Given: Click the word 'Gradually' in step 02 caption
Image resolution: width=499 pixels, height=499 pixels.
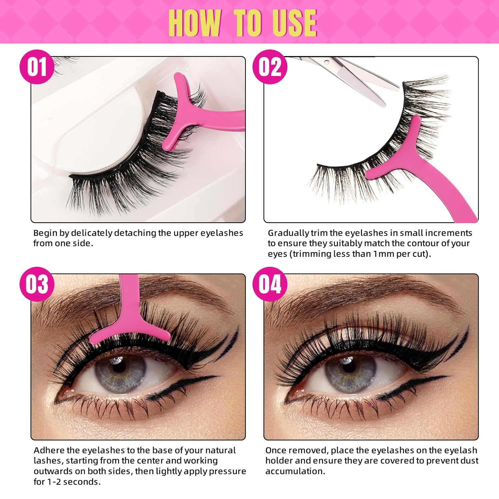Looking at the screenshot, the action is coord(288,233).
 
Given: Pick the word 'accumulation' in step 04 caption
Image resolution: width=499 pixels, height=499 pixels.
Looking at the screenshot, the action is coord(295,471).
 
